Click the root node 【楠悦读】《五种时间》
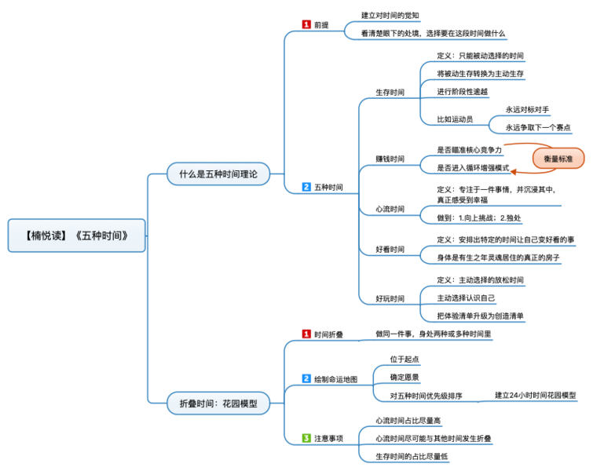click(76, 235)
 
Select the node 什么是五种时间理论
click(218, 174)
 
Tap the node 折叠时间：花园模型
click(218, 404)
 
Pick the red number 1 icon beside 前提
click(306, 25)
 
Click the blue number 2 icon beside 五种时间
click(306, 188)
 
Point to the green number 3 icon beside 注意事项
click(306, 438)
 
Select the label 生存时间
click(390, 93)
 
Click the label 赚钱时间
click(390, 159)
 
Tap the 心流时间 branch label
click(390, 210)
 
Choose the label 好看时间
click(390, 250)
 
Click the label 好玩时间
click(390, 298)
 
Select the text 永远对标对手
click(528, 110)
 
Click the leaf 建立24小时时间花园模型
click(536, 395)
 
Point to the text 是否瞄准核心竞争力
click(469, 148)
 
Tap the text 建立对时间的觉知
click(390, 15)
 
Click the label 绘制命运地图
click(335, 379)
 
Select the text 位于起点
click(404, 359)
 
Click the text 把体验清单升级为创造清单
click(480, 316)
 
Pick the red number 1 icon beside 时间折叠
click(306, 334)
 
